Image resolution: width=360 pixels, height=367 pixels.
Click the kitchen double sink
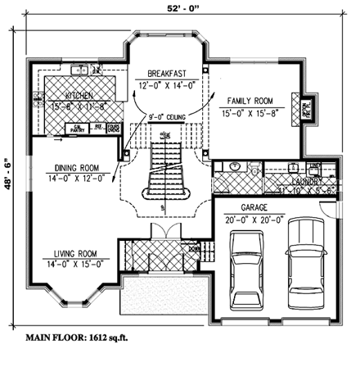tap(83, 71)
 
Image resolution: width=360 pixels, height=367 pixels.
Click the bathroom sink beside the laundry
tap(235, 168)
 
